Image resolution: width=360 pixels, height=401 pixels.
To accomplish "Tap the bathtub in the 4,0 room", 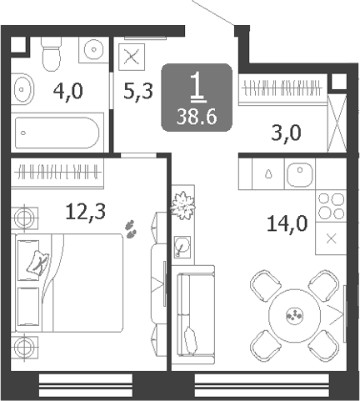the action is (57, 133).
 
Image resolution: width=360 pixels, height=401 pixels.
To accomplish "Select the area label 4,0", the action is (68, 92).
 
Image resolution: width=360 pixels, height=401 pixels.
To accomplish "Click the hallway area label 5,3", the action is (138, 91).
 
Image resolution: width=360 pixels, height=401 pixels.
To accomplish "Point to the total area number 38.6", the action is (197, 117).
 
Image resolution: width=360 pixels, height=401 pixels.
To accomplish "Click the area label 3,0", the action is (286, 133).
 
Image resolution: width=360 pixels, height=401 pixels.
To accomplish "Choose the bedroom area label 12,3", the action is (86, 212).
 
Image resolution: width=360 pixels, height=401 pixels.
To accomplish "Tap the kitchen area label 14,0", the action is (287, 223).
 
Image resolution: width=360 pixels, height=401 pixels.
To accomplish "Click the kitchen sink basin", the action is (300, 174).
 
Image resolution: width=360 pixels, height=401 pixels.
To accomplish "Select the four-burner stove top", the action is (331, 206).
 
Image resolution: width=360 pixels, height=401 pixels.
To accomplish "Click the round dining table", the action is (294, 315).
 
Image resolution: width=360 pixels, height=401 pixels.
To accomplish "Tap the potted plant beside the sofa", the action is (182, 205).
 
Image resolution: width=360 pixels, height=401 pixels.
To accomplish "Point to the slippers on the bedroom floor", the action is (131, 229).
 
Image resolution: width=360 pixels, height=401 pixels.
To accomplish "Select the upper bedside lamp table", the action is (24, 218).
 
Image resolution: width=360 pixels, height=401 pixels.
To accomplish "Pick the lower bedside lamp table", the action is (24, 348).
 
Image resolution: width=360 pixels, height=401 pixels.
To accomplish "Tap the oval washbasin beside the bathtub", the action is (22, 89).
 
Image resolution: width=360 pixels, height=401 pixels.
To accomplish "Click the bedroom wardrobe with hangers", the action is (57, 173).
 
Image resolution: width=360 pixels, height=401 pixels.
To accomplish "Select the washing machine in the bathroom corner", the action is (93, 49).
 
